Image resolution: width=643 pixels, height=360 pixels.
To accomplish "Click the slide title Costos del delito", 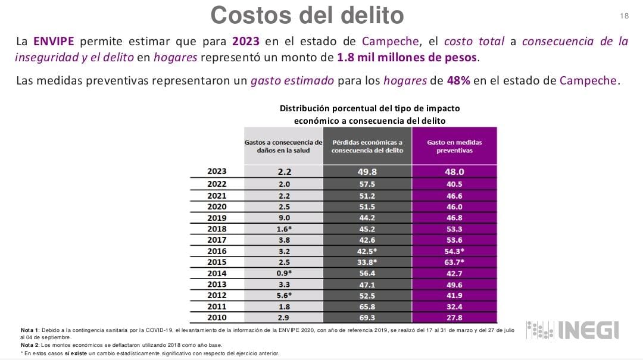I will [x=307, y=15].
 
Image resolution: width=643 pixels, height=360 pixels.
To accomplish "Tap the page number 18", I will [x=624, y=16].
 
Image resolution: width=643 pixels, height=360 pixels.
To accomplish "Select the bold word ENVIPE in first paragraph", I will [x=54, y=42].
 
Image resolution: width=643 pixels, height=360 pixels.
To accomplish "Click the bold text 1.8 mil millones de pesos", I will [x=407, y=58].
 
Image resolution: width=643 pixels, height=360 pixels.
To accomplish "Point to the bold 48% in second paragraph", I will [x=458, y=80].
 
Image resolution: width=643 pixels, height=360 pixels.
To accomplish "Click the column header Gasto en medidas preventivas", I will [x=455, y=146].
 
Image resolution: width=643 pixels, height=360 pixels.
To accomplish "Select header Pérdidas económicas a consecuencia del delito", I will [x=367, y=146].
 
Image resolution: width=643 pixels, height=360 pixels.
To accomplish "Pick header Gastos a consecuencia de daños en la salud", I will [x=283, y=146].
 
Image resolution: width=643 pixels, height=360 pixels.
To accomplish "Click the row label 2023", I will [x=217, y=171].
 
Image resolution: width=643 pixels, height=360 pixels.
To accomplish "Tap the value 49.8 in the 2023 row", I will [x=367, y=171].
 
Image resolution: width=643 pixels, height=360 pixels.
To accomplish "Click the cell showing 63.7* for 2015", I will [x=455, y=262].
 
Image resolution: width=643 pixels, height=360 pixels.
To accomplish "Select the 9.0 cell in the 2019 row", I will [x=283, y=218].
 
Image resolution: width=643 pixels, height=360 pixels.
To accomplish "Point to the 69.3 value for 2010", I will [x=367, y=318].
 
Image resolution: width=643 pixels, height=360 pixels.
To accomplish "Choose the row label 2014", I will [x=217, y=273].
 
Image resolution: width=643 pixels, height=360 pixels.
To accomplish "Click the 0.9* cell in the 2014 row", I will [x=283, y=273].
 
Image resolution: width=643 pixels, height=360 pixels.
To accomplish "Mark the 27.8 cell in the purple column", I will [x=455, y=318].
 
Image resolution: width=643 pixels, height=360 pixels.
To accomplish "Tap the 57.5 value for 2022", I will [x=367, y=184].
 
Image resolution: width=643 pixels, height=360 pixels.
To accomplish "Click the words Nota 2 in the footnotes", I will [x=31, y=345].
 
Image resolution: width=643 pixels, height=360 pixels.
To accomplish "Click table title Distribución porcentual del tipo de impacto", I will [x=369, y=109].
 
